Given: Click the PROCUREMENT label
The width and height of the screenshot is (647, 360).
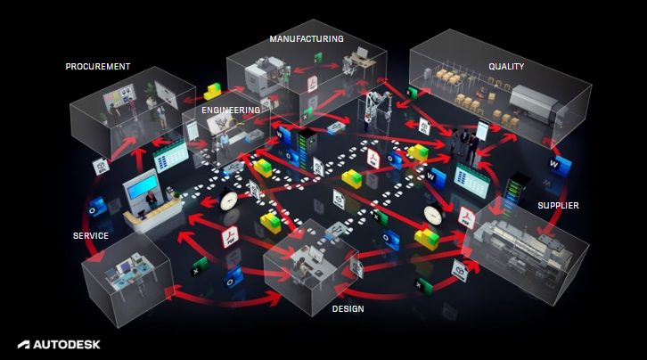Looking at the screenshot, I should pyautogui.click(x=98, y=66).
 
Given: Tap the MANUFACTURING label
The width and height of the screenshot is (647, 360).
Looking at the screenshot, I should pyautogui.click(x=307, y=38).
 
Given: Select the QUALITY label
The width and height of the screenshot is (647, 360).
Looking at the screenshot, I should pyautogui.click(x=506, y=66).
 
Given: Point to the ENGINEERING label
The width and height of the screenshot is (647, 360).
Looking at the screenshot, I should pyautogui.click(x=231, y=110).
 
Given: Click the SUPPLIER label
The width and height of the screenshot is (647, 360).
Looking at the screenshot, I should pyautogui.click(x=558, y=206).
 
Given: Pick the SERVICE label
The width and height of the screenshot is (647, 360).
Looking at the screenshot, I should pyautogui.click(x=91, y=236).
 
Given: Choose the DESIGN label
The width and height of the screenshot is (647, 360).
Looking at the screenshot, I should pyautogui.click(x=347, y=308).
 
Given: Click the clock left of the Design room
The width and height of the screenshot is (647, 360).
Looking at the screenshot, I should pyautogui.click(x=226, y=199).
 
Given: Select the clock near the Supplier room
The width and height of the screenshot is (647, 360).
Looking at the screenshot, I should pyautogui.click(x=434, y=215).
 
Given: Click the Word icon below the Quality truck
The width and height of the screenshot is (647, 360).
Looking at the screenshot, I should pyautogui.click(x=557, y=165).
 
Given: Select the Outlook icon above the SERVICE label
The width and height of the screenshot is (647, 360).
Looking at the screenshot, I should pyautogui.click(x=97, y=207).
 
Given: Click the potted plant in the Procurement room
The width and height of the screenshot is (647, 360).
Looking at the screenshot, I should pyautogui.click(x=148, y=91).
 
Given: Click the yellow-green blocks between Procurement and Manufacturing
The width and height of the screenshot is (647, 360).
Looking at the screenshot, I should pyautogui.click(x=214, y=92).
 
